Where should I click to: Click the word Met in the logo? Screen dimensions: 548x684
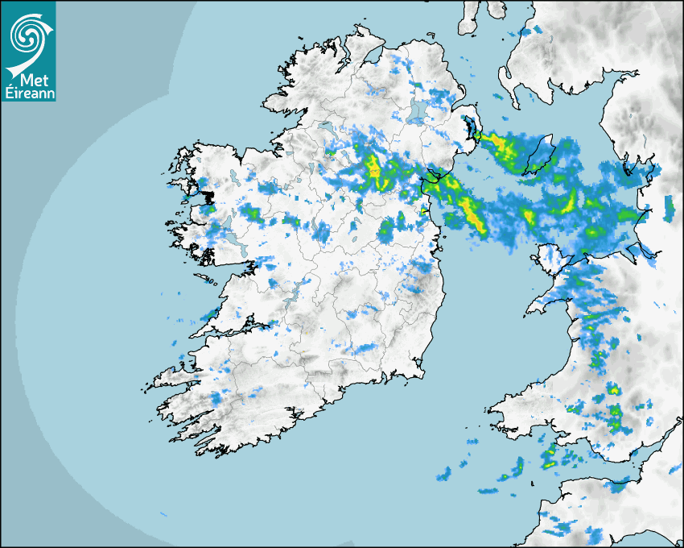coord(30,81)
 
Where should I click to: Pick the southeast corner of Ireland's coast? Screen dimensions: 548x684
coord(419,372)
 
